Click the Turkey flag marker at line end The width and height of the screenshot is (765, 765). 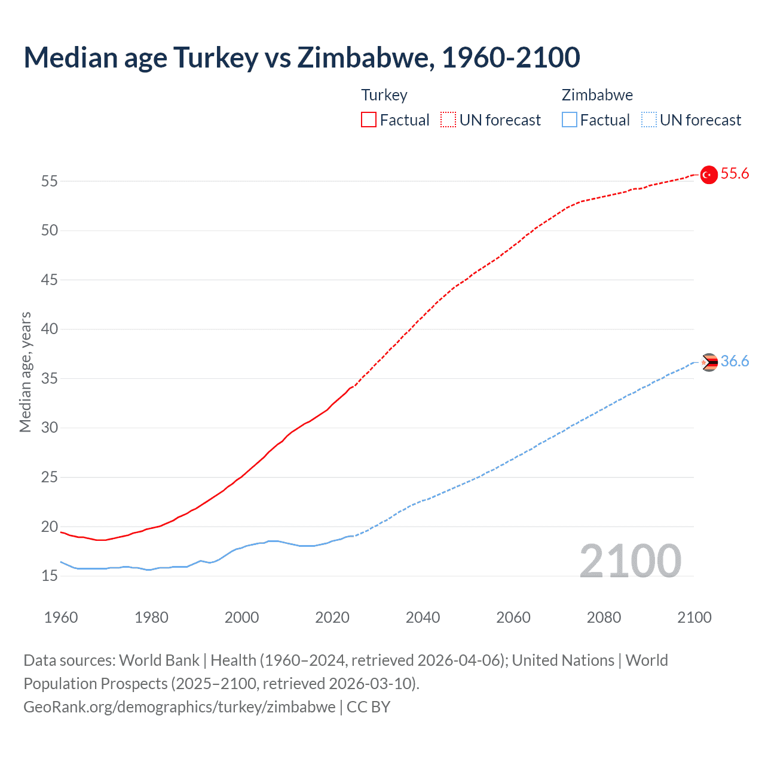click(x=709, y=175)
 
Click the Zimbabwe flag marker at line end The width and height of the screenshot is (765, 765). click(x=709, y=362)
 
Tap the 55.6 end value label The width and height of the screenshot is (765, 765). click(x=735, y=174)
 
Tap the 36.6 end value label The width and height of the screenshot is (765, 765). click(x=735, y=362)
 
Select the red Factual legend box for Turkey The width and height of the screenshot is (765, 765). click(x=369, y=120)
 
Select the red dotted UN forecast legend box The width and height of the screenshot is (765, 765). click(x=448, y=120)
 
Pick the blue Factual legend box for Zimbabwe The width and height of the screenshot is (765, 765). click(x=570, y=120)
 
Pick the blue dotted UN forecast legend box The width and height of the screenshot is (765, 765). click(x=648, y=120)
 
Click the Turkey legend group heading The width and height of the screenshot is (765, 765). click(x=384, y=95)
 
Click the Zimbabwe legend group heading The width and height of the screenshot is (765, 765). click(x=597, y=95)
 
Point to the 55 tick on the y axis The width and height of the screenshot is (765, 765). click(x=50, y=181)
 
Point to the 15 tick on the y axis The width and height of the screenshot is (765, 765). click(x=50, y=576)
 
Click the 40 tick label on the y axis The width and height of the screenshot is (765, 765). click(x=50, y=329)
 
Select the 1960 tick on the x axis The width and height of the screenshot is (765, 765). click(x=61, y=617)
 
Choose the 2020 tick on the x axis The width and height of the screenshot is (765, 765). click(x=332, y=617)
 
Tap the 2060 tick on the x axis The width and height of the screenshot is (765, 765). click(x=513, y=617)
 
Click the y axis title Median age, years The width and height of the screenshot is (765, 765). click(x=25, y=372)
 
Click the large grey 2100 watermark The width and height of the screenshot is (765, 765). click(x=630, y=561)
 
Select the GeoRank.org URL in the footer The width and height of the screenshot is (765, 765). click(x=179, y=707)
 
